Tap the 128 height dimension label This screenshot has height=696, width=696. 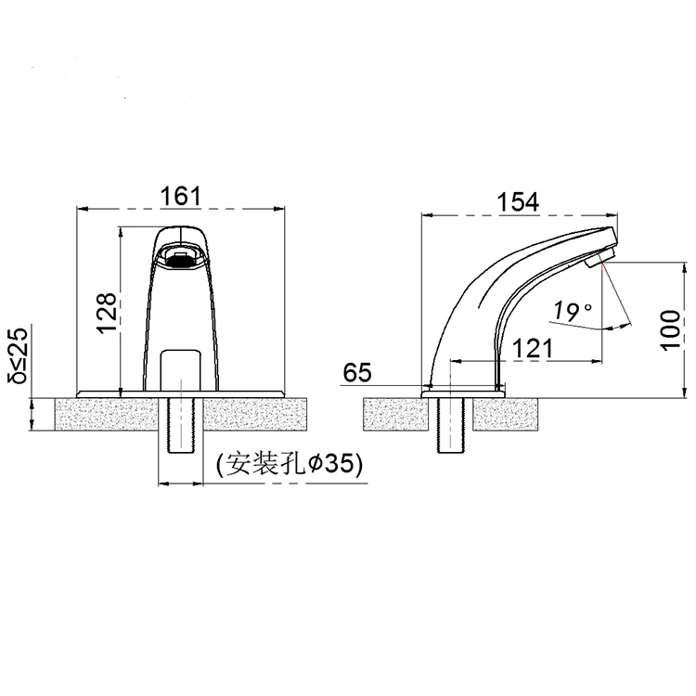point(108,313)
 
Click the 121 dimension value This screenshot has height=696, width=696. point(533,348)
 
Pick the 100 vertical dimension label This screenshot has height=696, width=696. point(670,329)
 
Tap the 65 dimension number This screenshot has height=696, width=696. point(357,372)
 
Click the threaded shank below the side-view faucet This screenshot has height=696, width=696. point(449,425)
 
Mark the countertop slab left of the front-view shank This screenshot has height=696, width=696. point(107,414)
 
